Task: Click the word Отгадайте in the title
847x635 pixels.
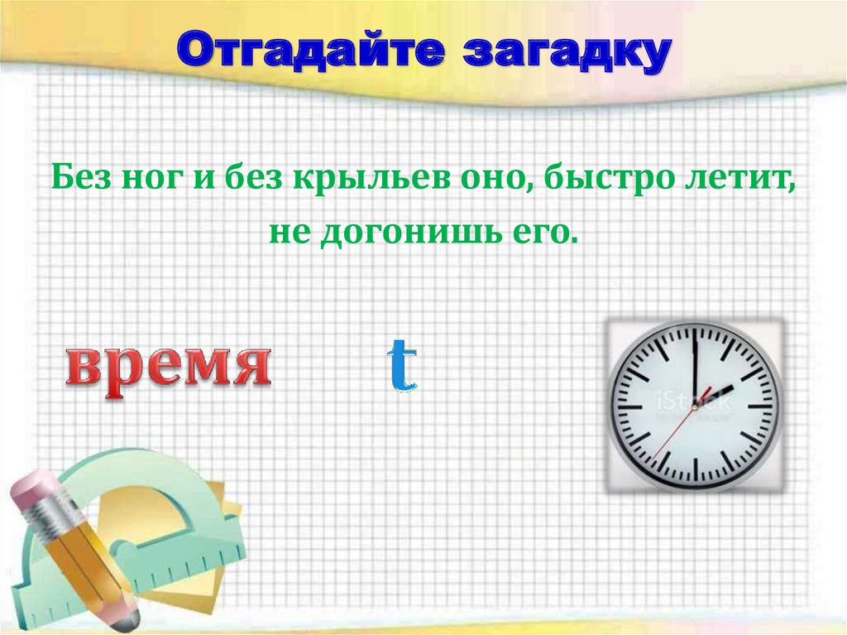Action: tap(310, 52)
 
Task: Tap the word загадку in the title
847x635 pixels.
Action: tap(564, 52)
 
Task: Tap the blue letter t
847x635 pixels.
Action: tap(402, 366)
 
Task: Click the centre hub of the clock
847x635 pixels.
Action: tap(694, 406)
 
